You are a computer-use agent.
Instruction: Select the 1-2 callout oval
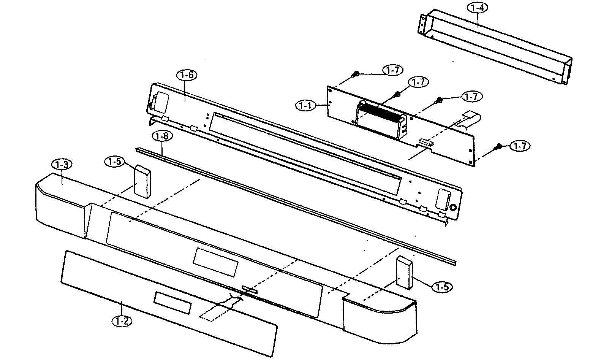122,321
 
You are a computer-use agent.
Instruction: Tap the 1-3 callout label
62,165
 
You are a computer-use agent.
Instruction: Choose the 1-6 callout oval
187,75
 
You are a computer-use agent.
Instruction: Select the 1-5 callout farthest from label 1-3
442,287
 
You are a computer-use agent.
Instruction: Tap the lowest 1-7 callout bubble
520,146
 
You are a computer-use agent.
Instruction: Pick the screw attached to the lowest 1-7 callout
499,146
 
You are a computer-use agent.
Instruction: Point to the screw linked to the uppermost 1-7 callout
356,74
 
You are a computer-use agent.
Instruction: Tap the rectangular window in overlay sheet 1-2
172,298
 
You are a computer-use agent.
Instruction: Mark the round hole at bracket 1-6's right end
453,208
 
